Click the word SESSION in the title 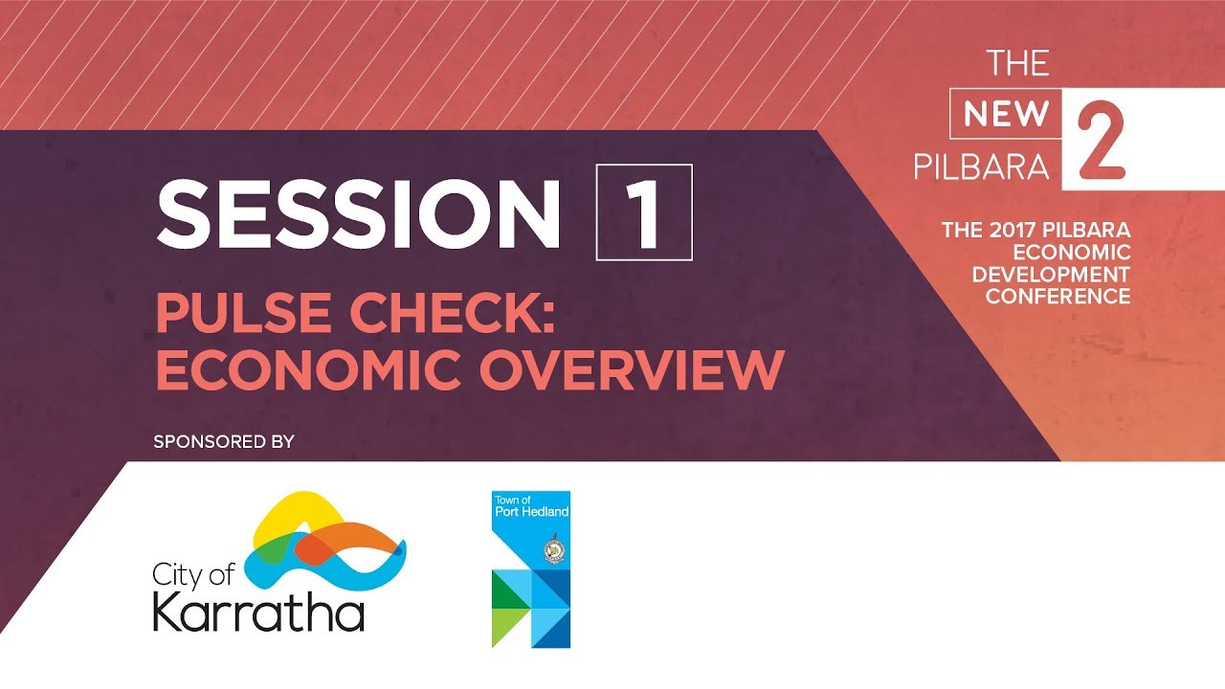click(359, 213)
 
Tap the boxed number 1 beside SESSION click(643, 213)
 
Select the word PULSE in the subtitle click(234, 314)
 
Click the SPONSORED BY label click(223, 442)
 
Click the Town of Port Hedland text click(530, 505)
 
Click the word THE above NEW click(1018, 64)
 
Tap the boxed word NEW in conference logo click(1006, 115)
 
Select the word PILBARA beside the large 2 click(982, 167)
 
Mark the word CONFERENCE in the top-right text click(1058, 297)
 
